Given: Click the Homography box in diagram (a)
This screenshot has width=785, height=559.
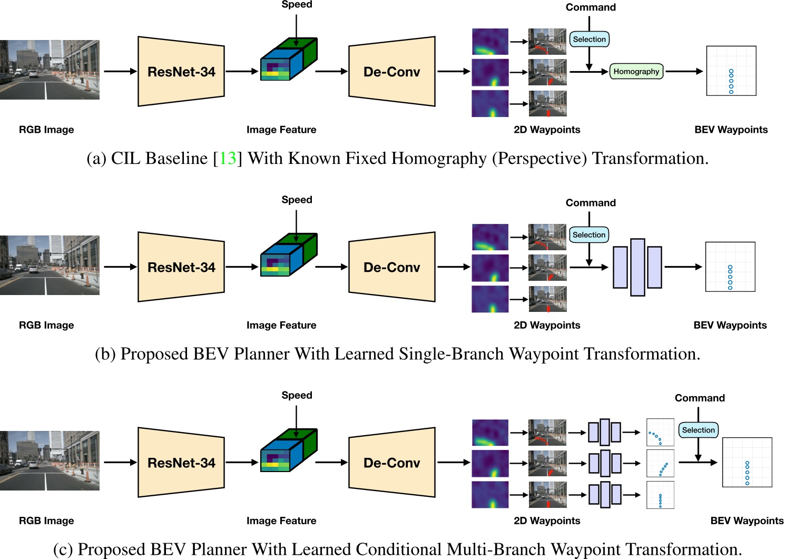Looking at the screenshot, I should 636,71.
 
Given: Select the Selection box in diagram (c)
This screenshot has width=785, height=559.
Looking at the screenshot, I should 698,430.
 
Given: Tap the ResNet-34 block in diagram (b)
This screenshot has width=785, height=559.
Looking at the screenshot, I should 181,267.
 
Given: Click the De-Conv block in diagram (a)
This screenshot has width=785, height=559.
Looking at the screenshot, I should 391,72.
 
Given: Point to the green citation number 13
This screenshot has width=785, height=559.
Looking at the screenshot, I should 228,158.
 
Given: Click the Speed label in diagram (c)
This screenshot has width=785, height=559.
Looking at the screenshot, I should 297,395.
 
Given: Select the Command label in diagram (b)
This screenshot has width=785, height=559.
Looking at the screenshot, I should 590,203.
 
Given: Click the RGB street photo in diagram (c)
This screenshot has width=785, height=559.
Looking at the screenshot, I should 50,460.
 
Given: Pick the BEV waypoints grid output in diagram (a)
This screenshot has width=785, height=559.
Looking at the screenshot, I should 731,71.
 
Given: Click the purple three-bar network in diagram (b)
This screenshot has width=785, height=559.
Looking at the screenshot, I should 637,267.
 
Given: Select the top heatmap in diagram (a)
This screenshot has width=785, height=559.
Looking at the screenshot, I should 490,42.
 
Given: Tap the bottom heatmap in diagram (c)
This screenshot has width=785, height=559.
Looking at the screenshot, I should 490,494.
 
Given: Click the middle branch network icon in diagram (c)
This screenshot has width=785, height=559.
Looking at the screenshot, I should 604,463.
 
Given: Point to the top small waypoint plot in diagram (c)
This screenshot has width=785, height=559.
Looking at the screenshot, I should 660,432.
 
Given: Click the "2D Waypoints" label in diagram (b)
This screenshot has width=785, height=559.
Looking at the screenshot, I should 546,325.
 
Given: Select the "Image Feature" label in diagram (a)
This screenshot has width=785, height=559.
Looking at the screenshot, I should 281,130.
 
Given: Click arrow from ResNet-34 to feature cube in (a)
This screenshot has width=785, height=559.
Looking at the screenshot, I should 242,71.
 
